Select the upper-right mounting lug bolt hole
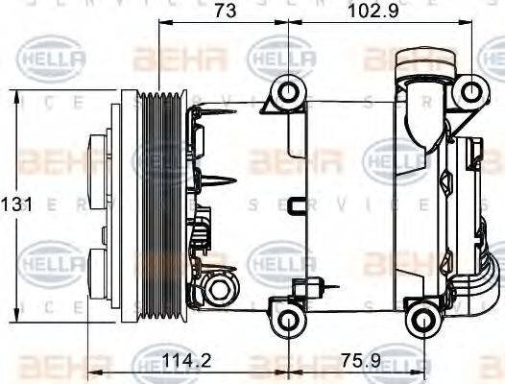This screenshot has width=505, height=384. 469,91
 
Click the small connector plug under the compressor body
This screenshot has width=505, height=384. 313,285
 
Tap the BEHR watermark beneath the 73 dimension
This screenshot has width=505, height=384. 180,60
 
